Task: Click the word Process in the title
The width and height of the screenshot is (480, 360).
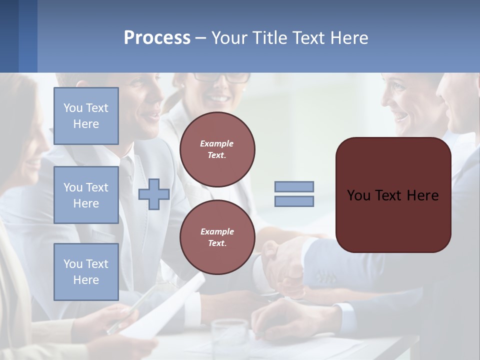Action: coord(157,38)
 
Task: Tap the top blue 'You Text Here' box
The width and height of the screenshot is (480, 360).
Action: coord(86,116)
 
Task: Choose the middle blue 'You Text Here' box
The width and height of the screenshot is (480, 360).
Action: coord(86,195)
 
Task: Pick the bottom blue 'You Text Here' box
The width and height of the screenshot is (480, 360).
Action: coord(86,272)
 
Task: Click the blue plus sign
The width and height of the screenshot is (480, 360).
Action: coord(154,194)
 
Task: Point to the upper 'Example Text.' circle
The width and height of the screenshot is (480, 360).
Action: coord(217,149)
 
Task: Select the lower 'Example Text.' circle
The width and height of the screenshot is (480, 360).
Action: coord(217,237)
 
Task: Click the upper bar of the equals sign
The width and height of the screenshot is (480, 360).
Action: coord(294,186)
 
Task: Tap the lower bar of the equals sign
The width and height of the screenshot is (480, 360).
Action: coord(294,201)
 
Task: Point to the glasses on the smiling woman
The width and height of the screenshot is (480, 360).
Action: coord(222,78)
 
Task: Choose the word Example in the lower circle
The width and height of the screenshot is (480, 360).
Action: coord(217,231)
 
